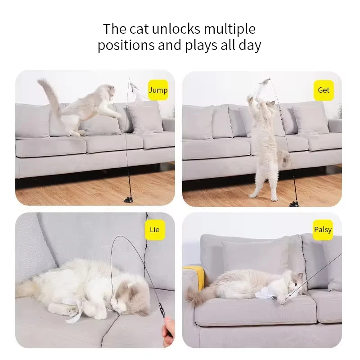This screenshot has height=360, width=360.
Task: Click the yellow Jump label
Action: point(158,90)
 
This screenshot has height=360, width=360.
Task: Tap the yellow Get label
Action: point(324,90)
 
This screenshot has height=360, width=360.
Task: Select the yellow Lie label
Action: point(154,230)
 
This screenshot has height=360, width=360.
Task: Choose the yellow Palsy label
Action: point(323,230)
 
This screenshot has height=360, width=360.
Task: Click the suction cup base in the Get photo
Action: point(295,203)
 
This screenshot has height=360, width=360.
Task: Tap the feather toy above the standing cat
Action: point(263,84)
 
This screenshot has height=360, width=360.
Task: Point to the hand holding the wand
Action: point(168,326)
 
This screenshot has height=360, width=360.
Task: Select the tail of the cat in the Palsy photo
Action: point(197,298)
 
